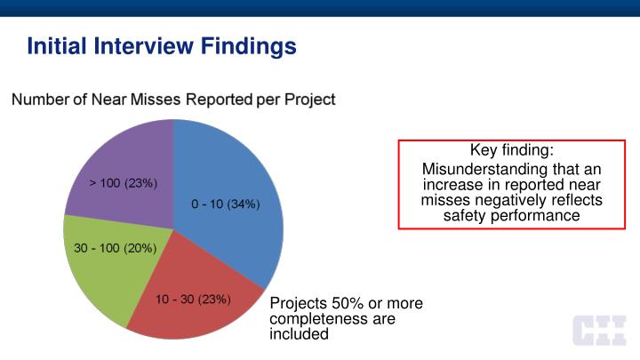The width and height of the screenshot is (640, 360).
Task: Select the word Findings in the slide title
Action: coord(250,44)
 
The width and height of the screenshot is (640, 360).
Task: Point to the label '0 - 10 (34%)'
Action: coord(226,204)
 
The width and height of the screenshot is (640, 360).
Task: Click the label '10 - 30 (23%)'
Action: coord(194,300)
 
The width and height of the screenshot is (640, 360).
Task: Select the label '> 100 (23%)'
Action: coord(124,183)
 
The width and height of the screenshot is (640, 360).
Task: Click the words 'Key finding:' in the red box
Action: coord(512,151)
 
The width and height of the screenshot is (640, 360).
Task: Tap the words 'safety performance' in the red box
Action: coord(511,215)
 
